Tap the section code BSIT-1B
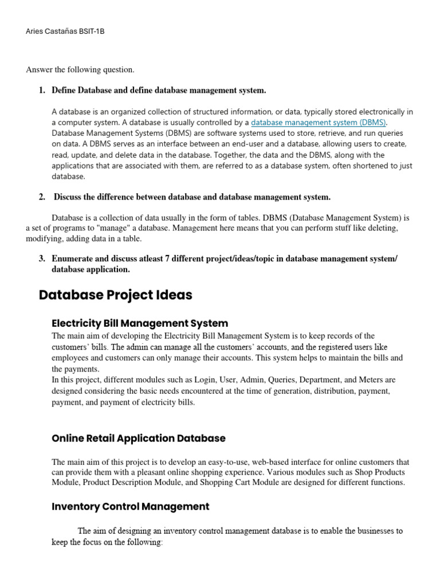point(93,32)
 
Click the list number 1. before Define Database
point(42,90)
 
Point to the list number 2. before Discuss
point(42,197)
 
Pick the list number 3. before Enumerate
point(42,259)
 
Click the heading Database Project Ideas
point(115,295)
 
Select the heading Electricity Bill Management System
point(140,323)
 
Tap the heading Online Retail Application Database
point(139,439)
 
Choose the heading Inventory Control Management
point(131,507)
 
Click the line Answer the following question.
point(80,70)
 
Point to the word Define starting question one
point(64,90)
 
